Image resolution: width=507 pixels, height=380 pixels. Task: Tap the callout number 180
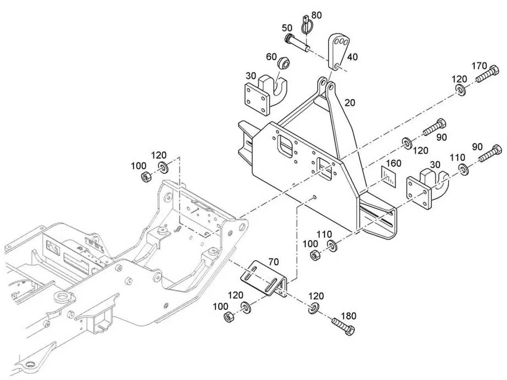(x=349, y=316)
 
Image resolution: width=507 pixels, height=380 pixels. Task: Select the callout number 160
(x=393, y=163)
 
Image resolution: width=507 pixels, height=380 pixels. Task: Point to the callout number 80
(x=316, y=15)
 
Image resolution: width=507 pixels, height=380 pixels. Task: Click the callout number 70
(x=273, y=262)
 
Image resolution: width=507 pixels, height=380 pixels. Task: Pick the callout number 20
(x=350, y=103)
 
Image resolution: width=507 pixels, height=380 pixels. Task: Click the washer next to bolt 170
(x=461, y=90)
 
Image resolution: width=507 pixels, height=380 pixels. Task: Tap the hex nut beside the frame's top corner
(x=146, y=177)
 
